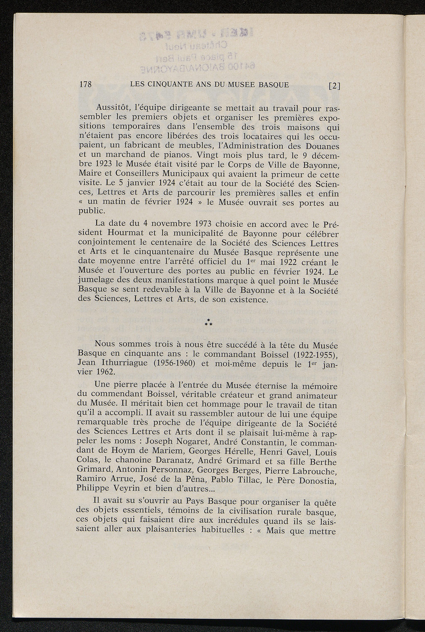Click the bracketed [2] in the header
pos(334,86)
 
